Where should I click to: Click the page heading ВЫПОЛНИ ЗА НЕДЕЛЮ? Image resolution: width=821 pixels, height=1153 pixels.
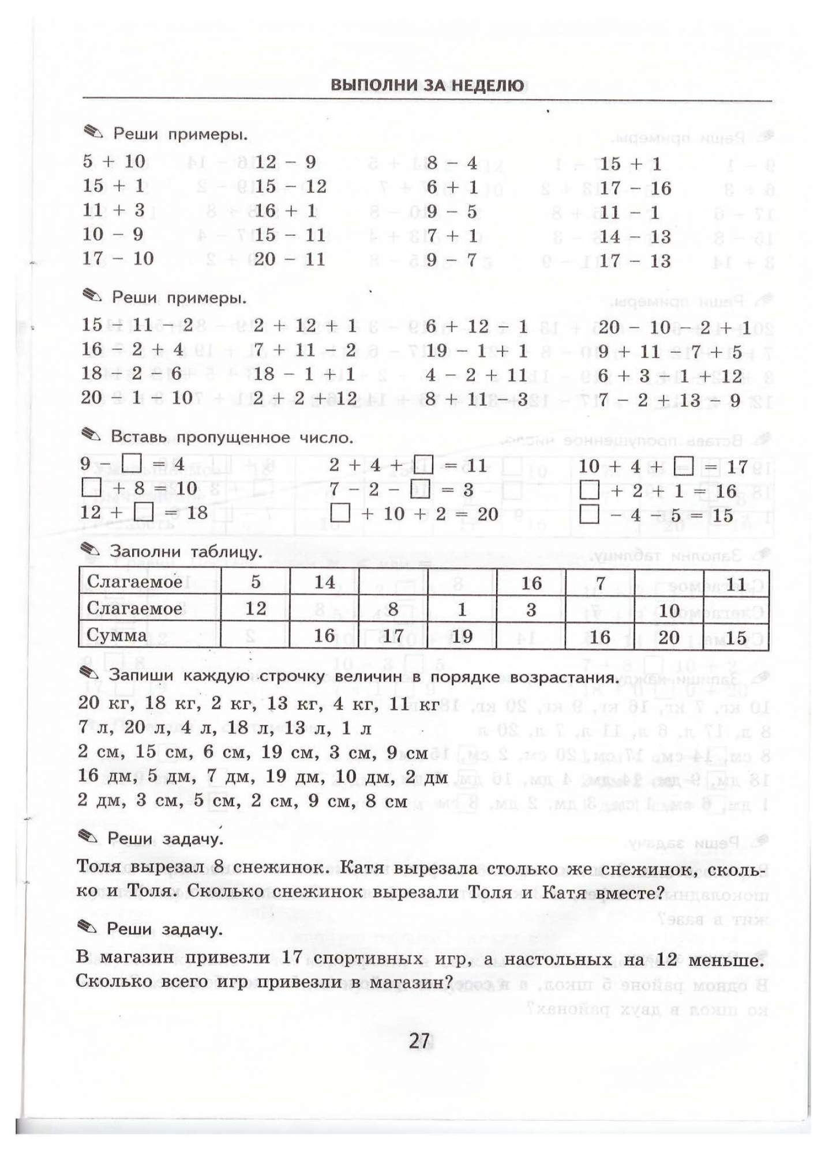point(427,85)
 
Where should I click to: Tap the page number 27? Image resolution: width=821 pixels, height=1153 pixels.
point(419,1041)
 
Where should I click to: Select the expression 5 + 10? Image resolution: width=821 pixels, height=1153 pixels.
point(114,161)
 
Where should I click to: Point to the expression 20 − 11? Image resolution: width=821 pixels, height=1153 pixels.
point(290,259)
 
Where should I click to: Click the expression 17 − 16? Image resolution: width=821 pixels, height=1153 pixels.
point(635,188)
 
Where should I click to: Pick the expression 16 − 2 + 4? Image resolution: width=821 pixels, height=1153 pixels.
point(132,349)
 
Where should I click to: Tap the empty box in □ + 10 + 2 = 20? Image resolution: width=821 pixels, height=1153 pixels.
point(340,513)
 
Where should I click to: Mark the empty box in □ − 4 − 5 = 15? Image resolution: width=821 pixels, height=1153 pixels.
point(588,514)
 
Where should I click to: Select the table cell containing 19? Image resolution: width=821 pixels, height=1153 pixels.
point(462,636)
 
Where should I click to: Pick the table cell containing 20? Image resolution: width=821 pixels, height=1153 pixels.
point(669,637)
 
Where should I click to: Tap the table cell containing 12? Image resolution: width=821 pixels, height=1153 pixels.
point(256,609)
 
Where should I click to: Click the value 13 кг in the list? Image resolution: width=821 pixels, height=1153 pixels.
point(288,703)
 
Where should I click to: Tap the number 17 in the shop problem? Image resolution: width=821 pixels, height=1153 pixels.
point(293,958)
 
